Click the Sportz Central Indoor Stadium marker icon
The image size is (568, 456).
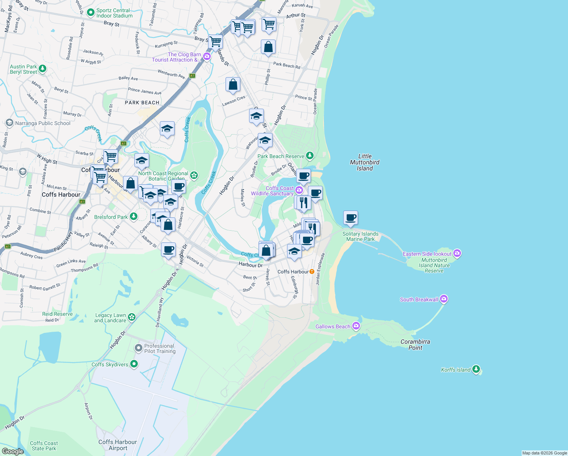[x=90, y=13]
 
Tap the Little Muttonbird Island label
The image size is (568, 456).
[x=364, y=162]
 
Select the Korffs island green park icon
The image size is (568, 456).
[x=476, y=369]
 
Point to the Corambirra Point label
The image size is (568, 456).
[x=415, y=345]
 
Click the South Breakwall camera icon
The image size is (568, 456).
[x=444, y=299]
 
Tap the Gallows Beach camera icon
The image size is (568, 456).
[x=356, y=326]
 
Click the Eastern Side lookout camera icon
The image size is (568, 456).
[x=457, y=253]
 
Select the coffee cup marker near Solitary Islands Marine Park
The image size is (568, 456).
[x=351, y=218]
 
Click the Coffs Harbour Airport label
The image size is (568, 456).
[x=118, y=445]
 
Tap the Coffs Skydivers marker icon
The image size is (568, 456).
[x=134, y=364]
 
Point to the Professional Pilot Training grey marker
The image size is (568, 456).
[x=139, y=348]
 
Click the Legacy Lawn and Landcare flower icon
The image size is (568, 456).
[x=132, y=317]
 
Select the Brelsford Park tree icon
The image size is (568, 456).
[x=133, y=217]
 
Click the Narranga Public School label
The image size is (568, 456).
[x=43, y=123]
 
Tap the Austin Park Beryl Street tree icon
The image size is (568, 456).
[x=43, y=69]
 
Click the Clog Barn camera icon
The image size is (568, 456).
[x=207, y=57]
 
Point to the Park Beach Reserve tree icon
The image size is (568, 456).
[x=310, y=156]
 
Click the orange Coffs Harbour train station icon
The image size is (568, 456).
[x=312, y=271]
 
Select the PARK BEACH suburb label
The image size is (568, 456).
[x=142, y=103]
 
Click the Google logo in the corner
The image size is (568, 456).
[x=13, y=451]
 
